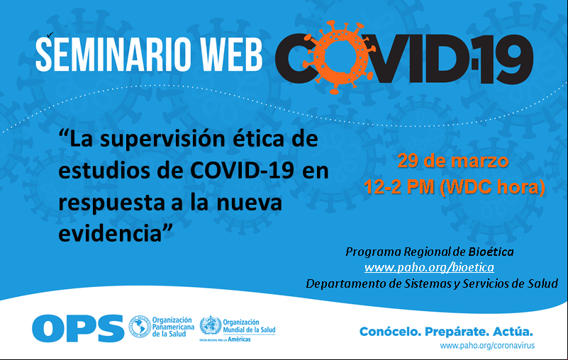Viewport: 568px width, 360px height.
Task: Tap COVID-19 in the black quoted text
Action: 242,170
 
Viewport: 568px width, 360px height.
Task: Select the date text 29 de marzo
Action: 453,161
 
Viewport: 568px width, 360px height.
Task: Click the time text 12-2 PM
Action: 399,187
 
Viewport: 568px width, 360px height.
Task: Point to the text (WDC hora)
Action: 492,188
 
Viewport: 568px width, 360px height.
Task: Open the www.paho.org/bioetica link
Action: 429,268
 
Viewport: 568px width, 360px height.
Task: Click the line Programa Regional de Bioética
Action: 430,252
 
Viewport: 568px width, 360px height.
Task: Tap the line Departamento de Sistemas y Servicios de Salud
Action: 432,283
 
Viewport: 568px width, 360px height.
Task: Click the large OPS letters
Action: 78,328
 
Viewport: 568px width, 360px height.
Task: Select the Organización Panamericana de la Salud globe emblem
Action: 140,327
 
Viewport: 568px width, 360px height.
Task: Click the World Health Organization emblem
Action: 211,325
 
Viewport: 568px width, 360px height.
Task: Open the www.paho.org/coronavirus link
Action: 487,346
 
